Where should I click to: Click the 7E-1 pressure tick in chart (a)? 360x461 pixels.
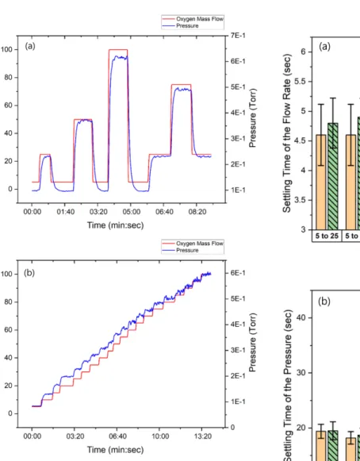click(x=238, y=36)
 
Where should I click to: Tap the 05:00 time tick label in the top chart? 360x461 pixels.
click(x=132, y=212)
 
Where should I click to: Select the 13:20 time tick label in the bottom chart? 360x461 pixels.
click(x=203, y=436)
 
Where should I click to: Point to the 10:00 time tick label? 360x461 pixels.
click(x=160, y=436)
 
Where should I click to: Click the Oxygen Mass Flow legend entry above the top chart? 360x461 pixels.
click(x=200, y=19)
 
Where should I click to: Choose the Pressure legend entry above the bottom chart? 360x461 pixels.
click(x=187, y=250)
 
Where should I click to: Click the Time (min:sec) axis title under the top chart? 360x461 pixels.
click(x=115, y=225)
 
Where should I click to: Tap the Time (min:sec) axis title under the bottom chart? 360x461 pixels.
click(x=115, y=450)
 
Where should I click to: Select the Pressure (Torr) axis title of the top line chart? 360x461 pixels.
click(x=252, y=118)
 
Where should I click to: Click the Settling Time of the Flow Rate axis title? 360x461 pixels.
click(x=287, y=133)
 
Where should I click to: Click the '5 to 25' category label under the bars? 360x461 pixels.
click(x=327, y=236)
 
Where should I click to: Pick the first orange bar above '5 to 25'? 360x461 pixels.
click(x=321, y=182)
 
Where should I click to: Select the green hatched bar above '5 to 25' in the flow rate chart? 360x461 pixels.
click(x=333, y=176)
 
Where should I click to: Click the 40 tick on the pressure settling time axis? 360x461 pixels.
click(x=301, y=317)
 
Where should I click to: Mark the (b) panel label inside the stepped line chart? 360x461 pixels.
click(x=29, y=273)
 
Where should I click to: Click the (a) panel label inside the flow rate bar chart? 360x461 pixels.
click(x=324, y=47)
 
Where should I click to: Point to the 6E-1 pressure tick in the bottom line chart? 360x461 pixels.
click(x=238, y=273)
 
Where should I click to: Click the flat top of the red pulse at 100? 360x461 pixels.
click(x=118, y=50)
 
